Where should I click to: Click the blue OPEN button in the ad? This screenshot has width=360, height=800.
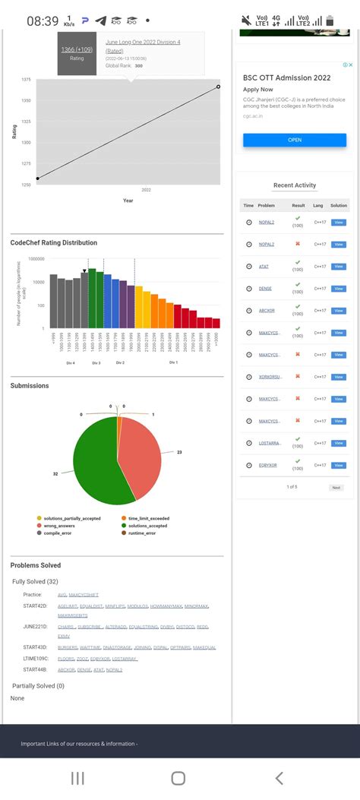295,140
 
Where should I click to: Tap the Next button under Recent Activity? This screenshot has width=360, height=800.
336,487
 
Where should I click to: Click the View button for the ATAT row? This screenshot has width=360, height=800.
339,266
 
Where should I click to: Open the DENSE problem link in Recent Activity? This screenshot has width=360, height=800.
266,288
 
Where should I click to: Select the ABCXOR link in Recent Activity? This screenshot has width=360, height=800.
267,310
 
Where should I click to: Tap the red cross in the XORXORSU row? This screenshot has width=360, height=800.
298,376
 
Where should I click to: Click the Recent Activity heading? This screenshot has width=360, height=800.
295,185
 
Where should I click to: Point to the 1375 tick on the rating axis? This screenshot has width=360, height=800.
26,80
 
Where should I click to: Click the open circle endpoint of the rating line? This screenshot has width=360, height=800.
218,87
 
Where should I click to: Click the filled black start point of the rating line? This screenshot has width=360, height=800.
38,179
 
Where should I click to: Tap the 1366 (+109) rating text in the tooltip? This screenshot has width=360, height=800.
77,49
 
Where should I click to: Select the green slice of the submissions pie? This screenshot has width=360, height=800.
95,463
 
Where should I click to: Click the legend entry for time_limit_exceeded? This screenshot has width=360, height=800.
149,518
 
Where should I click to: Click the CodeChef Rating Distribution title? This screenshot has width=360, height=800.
54,243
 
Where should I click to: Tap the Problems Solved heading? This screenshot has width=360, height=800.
35,565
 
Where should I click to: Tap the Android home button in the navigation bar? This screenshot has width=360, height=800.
178,778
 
